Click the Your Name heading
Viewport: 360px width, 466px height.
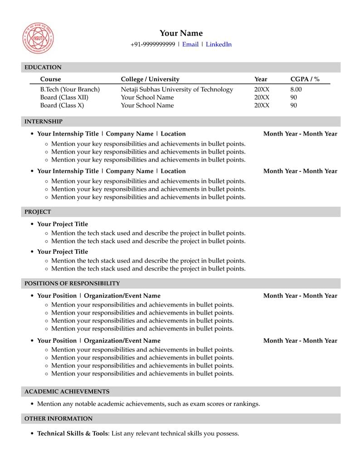pos(181,33)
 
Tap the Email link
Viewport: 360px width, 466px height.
pos(190,44)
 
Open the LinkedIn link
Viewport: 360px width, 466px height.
pos(219,44)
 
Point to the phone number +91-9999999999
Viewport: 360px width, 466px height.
pos(152,44)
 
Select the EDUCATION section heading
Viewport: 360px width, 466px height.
pos(43,68)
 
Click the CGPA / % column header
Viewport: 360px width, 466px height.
pos(305,79)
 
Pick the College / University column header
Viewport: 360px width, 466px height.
pos(150,79)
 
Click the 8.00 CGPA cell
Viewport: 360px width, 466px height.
pos(296,89)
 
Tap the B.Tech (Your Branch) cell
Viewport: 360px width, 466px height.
pos(70,89)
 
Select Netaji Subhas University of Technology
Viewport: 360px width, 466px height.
pos(177,89)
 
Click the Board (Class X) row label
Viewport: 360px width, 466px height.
pos(62,105)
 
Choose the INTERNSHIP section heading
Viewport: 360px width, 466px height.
pos(44,121)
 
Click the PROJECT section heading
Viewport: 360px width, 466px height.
pos(38,212)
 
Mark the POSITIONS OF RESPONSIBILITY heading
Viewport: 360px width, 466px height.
pos(72,283)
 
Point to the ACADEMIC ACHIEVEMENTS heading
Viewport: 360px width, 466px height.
pos(67,392)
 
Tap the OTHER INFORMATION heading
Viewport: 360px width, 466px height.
pos(58,419)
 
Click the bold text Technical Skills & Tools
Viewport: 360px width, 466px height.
pos(73,434)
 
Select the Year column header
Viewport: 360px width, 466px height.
pos(261,79)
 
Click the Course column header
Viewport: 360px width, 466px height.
pos(50,79)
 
